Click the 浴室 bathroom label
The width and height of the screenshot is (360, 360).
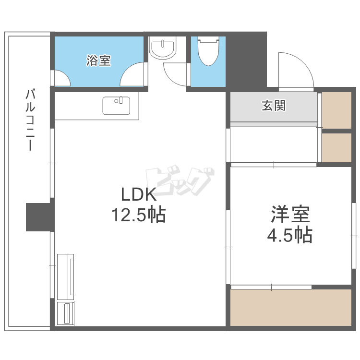[x=99, y=61]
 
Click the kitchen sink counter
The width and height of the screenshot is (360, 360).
[x=116, y=106]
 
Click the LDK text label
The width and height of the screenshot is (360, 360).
[x=138, y=195]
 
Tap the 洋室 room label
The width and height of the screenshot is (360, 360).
[x=290, y=215]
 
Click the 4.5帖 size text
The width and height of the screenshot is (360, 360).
[x=290, y=235]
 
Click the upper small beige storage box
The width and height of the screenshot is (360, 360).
[x=336, y=109]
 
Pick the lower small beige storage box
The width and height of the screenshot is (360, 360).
[x=336, y=147]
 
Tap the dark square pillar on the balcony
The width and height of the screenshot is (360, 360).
[x=38, y=216]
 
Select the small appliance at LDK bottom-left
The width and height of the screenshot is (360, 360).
[x=66, y=313]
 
